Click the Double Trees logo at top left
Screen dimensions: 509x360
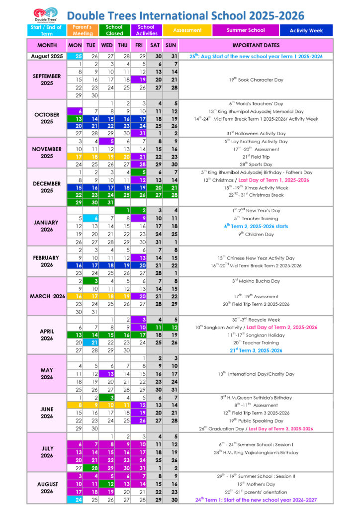pyautogui.click(x=45, y=14)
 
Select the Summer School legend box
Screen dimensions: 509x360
pyautogui.click(x=245, y=30)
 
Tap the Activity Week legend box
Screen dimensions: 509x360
pyautogui.click(x=306, y=30)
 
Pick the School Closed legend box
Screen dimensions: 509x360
pyautogui.click(x=114, y=30)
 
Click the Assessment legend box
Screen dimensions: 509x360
pyautogui.click(x=187, y=30)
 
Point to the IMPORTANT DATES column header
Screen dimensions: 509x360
pyautogui.click(x=256, y=45)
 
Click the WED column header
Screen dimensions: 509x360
pyautogui.click(x=106, y=45)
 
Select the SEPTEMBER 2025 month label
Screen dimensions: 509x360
pyautogui.click(x=47, y=80)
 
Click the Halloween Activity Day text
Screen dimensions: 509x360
pyautogui.click(x=256, y=134)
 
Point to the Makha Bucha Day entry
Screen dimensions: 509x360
pyautogui.click(x=256, y=281)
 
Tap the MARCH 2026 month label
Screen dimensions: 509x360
pyautogui.click(x=47, y=296)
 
